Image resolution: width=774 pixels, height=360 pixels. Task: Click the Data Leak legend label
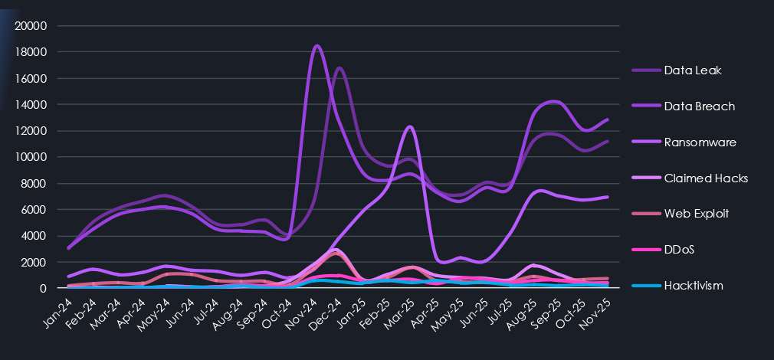(x=693, y=70)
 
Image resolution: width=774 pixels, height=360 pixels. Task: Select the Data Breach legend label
(x=699, y=106)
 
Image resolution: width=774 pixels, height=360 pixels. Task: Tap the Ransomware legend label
(x=700, y=142)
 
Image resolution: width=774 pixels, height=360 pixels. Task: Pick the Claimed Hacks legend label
(x=706, y=178)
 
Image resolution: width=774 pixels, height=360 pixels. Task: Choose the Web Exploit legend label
(x=699, y=214)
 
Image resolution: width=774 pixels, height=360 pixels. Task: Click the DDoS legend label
(x=681, y=250)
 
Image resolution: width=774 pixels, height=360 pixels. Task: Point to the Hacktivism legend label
(x=694, y=286)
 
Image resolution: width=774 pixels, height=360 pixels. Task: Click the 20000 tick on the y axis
(x=31, y=26)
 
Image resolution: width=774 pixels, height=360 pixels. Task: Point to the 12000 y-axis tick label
(x=31, y=131)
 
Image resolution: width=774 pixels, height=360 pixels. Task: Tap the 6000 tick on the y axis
(x=34, y=210)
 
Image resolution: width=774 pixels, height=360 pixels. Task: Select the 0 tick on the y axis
(x=44, y=289)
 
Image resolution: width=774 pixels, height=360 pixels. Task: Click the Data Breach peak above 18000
(x=317, y=46)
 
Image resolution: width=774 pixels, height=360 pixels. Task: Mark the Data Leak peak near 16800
(x=339, y=68)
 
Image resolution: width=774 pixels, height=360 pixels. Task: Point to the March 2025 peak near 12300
(x=411, y=126)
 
